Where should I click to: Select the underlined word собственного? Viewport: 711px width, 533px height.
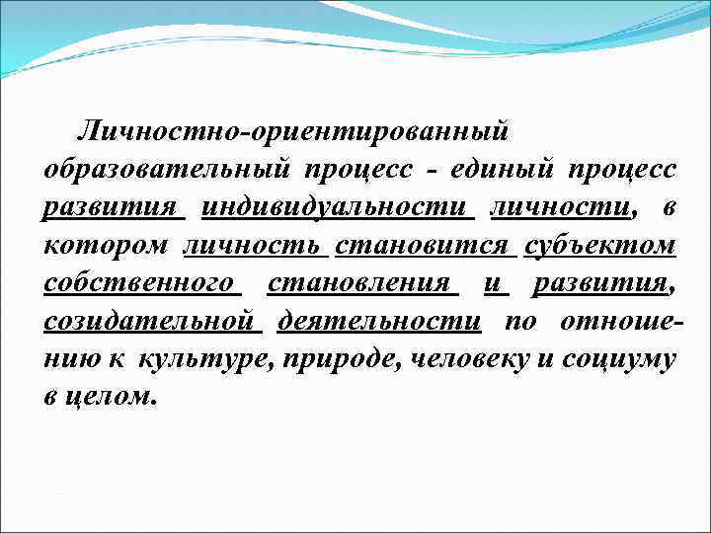(x=142, y=284)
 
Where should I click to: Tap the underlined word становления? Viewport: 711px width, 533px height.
(x=363, y=284)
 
